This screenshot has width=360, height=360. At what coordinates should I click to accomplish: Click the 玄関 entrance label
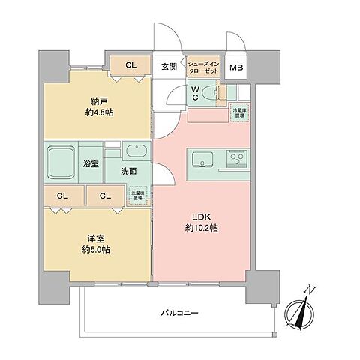[x=169, y=66]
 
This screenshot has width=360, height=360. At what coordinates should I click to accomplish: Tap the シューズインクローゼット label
[x=204, y=66]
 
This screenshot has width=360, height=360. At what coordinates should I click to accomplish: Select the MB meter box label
[x=236, y=68]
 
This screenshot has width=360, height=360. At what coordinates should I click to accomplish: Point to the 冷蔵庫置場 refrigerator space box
[x=238, y=113]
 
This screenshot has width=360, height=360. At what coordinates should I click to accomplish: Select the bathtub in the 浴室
[x=63, y=160]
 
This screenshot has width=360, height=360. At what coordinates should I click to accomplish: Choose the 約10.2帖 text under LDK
[x=202, y=228]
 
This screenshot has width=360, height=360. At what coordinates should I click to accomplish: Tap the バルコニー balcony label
[x=179, y=313]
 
